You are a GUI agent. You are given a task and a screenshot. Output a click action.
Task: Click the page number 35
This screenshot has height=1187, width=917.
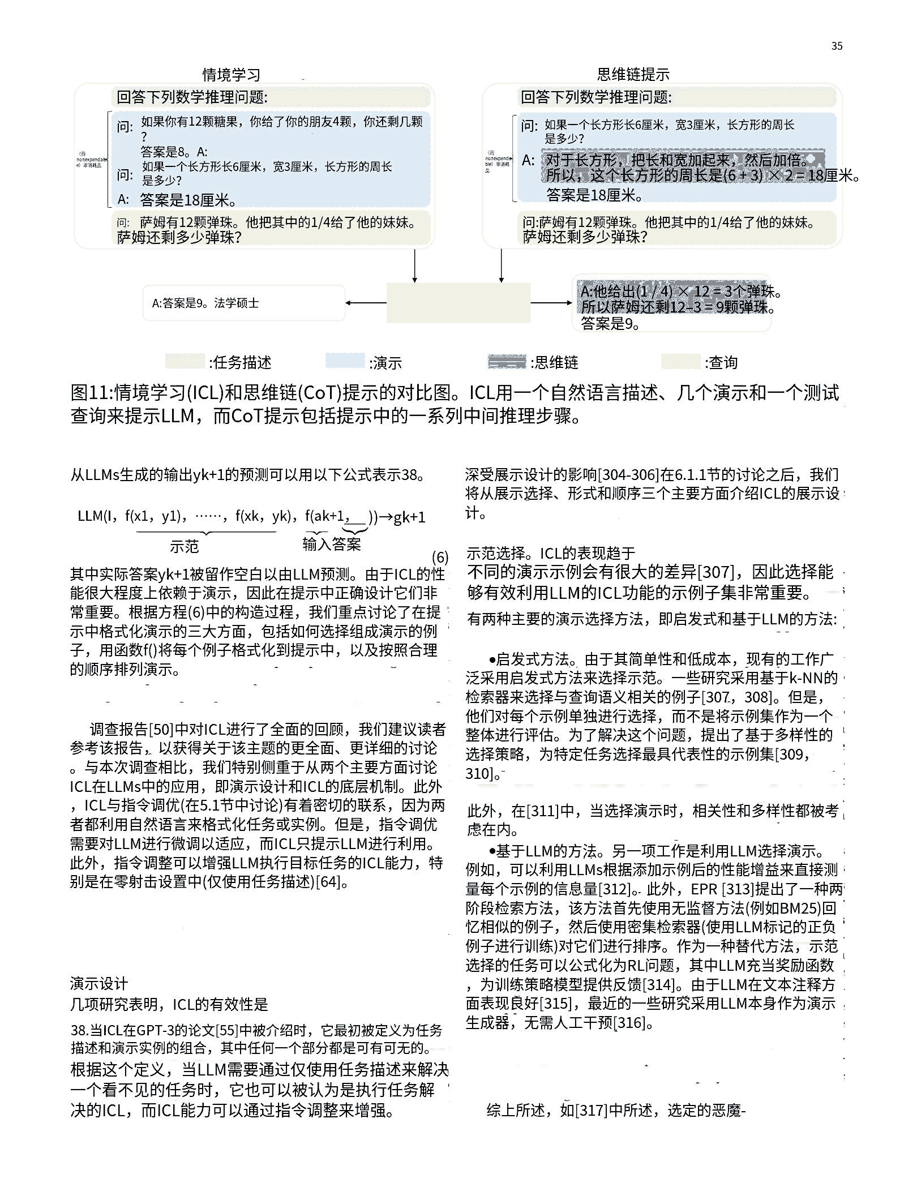837,46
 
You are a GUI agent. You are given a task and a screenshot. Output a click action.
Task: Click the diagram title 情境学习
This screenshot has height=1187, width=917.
232,75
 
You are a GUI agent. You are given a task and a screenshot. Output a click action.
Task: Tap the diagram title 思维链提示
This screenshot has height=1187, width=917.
633,74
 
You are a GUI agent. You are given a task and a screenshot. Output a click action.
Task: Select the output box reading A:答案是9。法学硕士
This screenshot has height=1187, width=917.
244,303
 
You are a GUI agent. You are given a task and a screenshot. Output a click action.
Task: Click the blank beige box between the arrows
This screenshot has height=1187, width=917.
458,303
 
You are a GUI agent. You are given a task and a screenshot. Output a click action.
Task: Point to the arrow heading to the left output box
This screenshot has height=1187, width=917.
365,303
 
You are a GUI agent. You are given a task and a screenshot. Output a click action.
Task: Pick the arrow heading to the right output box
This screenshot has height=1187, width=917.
551,303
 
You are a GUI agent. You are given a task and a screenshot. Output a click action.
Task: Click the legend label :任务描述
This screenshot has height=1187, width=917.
241,362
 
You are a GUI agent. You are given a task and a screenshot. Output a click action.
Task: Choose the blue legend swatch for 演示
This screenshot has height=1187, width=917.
345,361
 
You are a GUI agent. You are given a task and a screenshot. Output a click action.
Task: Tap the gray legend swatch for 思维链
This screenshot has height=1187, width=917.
507,361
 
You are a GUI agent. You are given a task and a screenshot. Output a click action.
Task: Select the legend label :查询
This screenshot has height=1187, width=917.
721,362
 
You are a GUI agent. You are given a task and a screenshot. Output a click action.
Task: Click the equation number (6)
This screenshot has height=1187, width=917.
440,557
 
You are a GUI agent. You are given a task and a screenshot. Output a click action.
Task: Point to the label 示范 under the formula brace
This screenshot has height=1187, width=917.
185,546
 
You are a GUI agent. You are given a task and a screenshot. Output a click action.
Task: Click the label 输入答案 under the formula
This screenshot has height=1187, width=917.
332,545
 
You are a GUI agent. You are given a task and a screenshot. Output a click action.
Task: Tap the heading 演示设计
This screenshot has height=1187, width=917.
99,983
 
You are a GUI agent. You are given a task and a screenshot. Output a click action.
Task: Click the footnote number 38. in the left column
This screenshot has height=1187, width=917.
80,1030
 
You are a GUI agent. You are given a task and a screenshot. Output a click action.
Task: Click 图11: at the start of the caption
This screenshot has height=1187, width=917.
92,393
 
